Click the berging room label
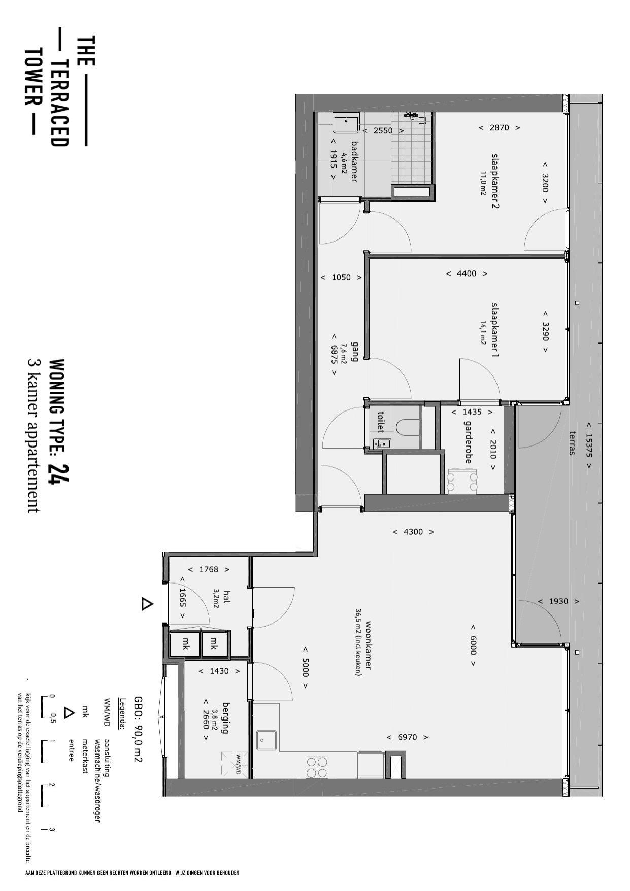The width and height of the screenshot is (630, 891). [226, 718]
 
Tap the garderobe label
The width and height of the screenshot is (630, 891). [468, 442]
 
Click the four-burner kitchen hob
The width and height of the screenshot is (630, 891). [317, 766]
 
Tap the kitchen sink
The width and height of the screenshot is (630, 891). [267, 740]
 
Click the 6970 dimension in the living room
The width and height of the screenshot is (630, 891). [407, 737]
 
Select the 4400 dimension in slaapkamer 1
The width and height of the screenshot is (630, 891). [467, 273]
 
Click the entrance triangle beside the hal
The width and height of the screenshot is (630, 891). [147, 604]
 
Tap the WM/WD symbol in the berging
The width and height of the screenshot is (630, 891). [235, 764]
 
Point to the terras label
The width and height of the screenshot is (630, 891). [573, 443]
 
